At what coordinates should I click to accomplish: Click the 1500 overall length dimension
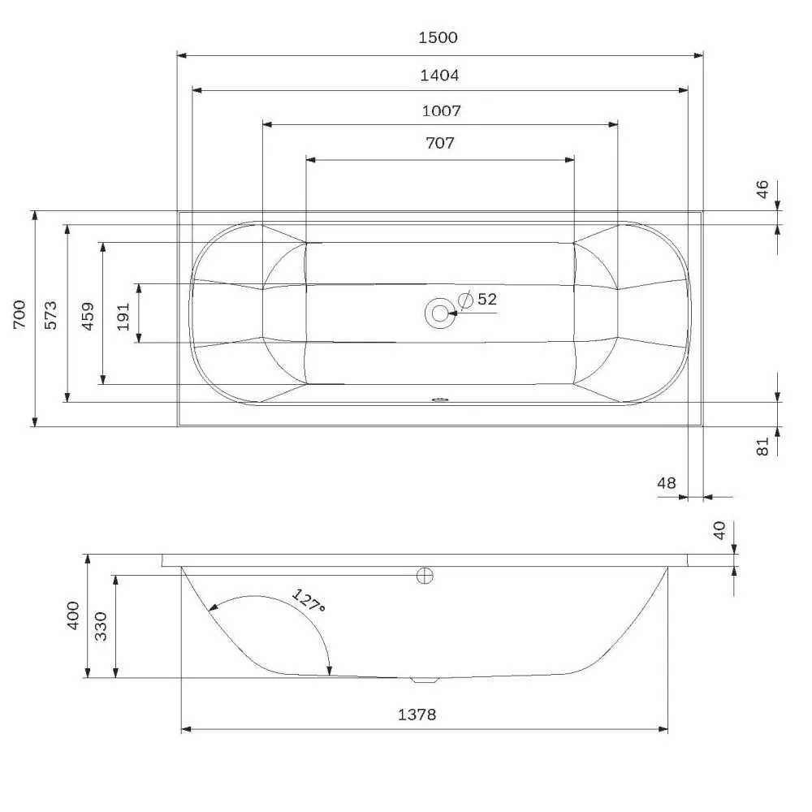439,37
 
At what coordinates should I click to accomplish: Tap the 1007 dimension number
439,110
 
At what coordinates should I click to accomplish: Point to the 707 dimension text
439,144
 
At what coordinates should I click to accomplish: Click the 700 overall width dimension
19,316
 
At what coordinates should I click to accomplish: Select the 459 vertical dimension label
88,314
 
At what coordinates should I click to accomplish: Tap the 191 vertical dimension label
123,314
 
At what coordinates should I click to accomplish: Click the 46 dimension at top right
762,191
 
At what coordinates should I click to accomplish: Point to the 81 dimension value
762,446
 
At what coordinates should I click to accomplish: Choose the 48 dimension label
666,483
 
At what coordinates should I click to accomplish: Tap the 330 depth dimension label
101,626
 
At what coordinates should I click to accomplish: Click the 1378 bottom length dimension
417,715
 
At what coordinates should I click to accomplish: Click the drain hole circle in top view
439,313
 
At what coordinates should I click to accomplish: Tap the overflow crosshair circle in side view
425,576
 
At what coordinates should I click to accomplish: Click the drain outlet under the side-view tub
424,680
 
